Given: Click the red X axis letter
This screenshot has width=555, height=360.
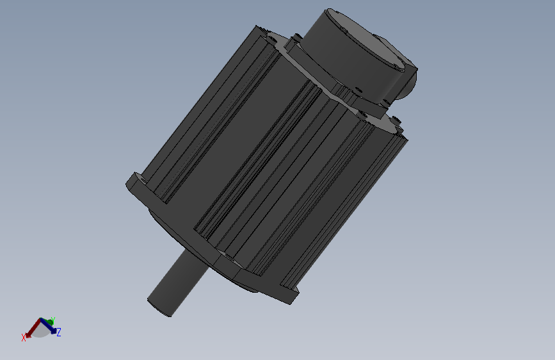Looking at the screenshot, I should pos(24,337).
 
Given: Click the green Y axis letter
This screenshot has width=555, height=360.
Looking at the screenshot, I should pos(52,320).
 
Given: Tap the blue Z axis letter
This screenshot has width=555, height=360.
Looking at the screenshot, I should pos(58,332).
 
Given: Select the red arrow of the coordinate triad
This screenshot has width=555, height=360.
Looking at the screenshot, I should pos(32,329).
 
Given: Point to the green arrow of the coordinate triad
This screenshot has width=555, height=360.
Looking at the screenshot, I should pos(46,322).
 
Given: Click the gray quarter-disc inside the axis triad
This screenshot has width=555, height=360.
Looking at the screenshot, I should pos(40,331).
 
